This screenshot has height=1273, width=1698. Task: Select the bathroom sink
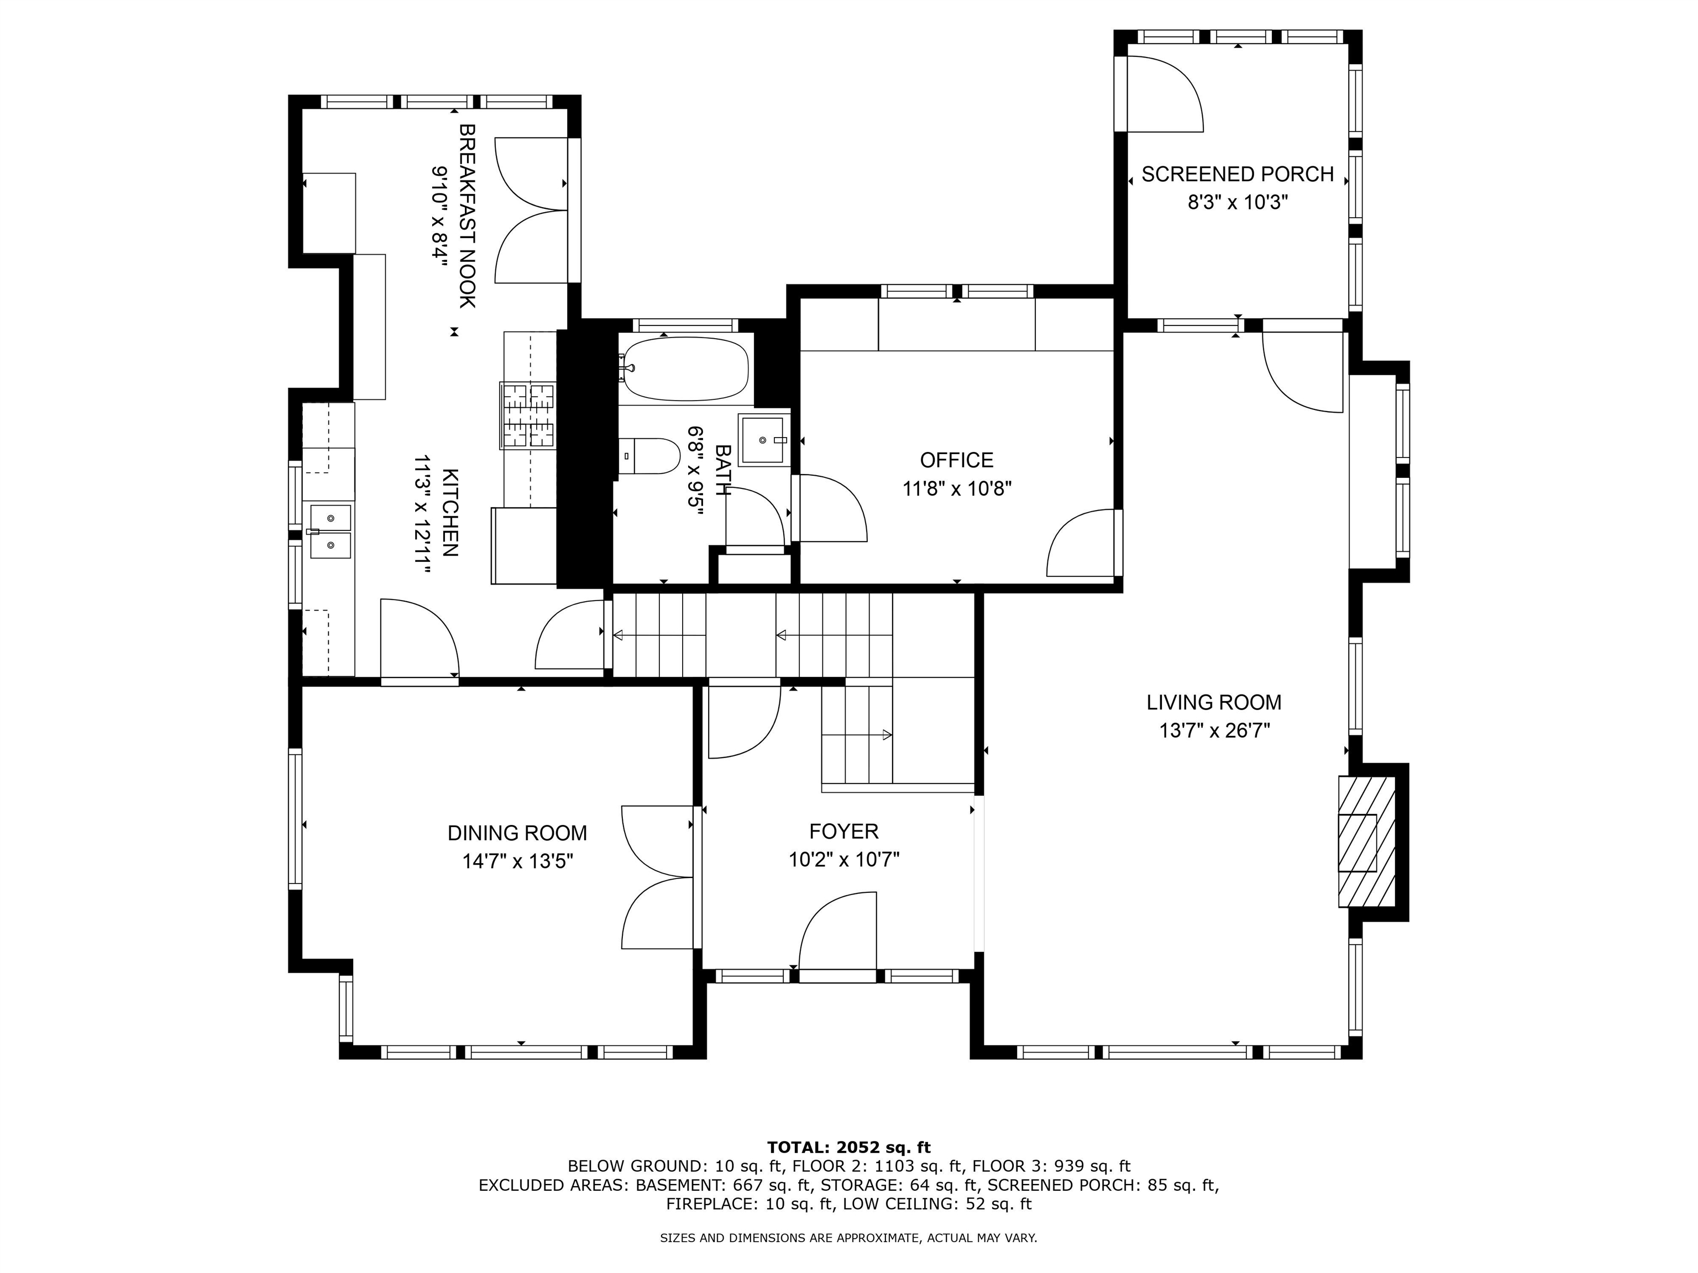763,440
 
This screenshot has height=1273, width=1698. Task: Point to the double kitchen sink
330,531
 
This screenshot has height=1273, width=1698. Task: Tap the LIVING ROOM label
1214,702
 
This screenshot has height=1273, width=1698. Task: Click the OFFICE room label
956,460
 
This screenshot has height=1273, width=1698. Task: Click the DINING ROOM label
517,833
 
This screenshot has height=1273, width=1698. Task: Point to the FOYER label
843,831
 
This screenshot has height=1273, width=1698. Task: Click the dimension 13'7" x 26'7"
1214,730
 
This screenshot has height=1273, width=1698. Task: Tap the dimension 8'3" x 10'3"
1238,203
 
